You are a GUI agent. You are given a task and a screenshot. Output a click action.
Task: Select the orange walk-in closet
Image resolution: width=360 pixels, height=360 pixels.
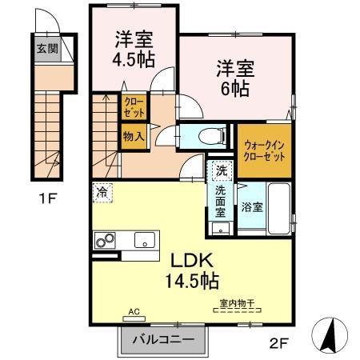click(264, 152)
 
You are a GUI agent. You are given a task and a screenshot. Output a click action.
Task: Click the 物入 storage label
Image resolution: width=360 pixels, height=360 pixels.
click(134, 137)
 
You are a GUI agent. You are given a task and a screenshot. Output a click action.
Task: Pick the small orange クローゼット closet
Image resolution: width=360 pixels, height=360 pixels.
click(133, 107)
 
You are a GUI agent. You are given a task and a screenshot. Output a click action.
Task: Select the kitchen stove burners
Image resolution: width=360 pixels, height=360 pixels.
click(106, 239)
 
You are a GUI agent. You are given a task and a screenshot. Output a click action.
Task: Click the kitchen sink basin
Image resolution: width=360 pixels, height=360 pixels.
click(145, 238)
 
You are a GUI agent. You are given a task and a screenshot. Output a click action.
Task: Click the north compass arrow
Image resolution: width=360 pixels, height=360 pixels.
click(328, 334)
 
